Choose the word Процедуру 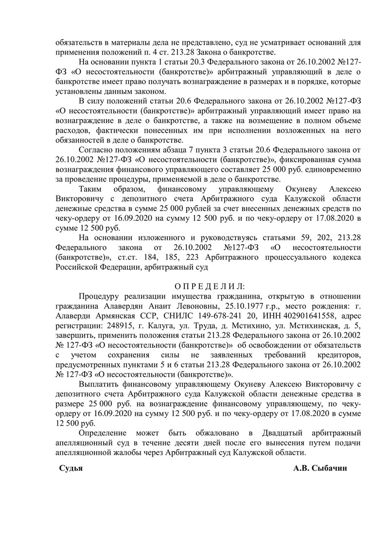point(101,298)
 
